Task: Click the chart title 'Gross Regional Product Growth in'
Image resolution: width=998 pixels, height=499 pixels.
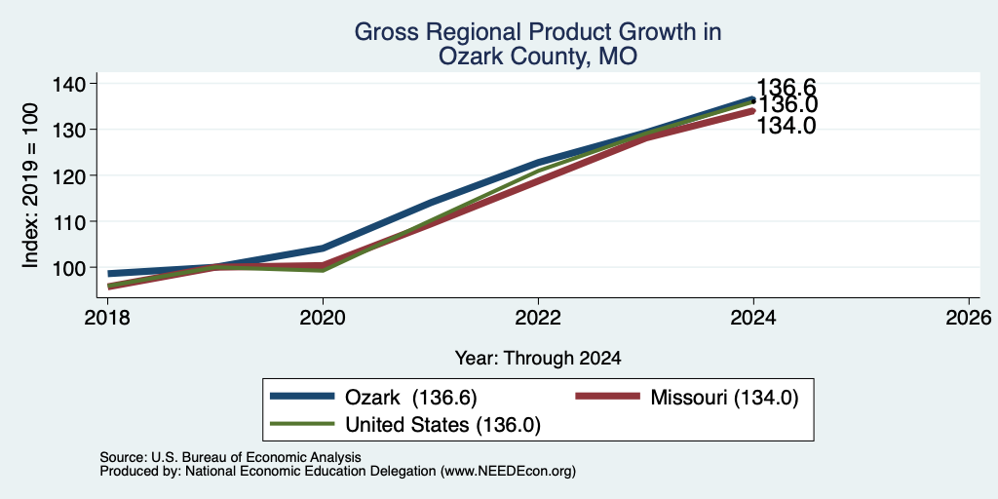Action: point(538,32)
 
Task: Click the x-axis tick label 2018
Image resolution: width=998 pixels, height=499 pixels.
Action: point(107,317)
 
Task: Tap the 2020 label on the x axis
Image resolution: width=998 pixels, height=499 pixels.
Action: point(323,317)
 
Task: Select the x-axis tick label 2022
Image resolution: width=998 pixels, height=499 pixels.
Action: point(538,317)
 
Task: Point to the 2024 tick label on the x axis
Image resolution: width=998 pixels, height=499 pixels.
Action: point(753,317)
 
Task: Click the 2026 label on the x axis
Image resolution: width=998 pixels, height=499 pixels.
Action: point(969,317)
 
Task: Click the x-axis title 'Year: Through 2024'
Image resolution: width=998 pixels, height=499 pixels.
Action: point(538,359)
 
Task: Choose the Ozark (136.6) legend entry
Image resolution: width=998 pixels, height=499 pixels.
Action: point(373,397)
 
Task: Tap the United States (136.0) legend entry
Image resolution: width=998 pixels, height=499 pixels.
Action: point(405,425)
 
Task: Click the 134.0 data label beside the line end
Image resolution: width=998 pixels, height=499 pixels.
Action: point(787,126)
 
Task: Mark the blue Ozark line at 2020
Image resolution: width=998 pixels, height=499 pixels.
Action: point(323,248)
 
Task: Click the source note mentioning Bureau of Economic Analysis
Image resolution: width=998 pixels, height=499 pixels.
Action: point(230,458)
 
